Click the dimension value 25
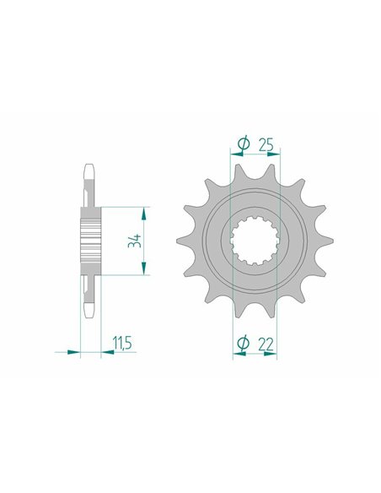pyautogui.click(x=266, y=144)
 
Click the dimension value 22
pyautogui.click(x=266, y=344)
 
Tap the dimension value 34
pyautogui.click(x=135, y=241)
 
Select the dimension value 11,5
pyautogui.click(x=122, y=343)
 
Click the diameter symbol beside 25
pyautogui.click(x=244, y=144)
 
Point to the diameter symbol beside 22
pyautogui.click(x=244, y=343)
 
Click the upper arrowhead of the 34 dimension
pyautogui.click(x=144, y=214)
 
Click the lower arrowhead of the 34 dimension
pyautogui.click(x=144, y=268)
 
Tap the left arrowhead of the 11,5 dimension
pyautogui.click(x=74, y=352)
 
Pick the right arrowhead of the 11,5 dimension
pyautogui.click(x=108, y=352)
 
